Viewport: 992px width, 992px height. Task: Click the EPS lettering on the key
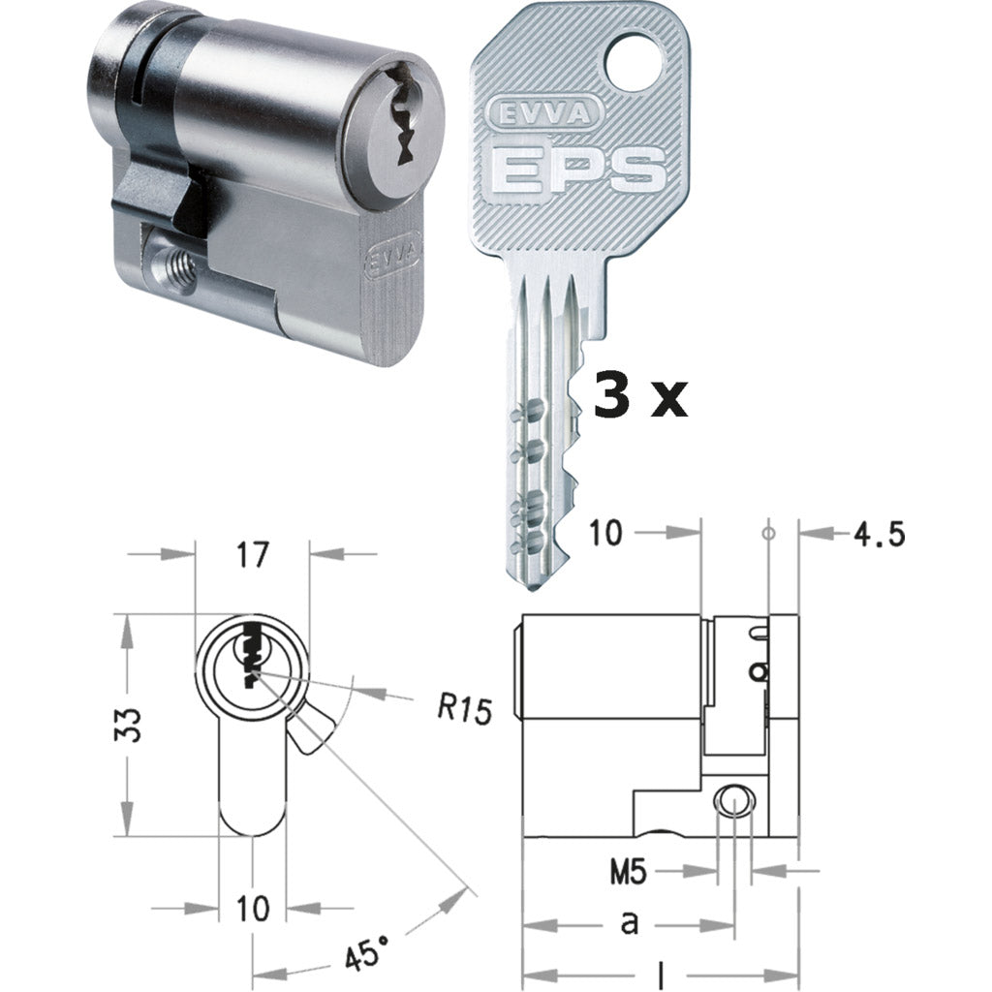578,170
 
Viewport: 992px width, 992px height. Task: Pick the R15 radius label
464,708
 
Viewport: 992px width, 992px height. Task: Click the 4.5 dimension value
880,533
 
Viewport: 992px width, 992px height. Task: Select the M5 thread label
630,872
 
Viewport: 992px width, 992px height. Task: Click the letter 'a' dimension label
630,923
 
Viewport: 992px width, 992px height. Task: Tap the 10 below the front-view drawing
252,908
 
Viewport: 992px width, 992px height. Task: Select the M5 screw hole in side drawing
734,800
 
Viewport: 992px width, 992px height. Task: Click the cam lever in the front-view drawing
311,729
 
